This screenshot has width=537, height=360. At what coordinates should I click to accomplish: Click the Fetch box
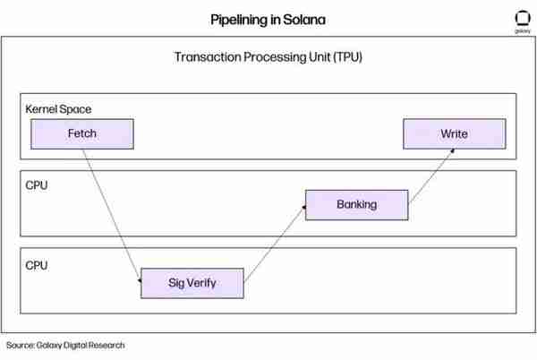(x=82, y=134)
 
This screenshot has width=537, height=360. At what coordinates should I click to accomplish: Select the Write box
(x=455, y=134)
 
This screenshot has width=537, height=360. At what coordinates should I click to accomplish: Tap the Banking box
(x=357, y=205)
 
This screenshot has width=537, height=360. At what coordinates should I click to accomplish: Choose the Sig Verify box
(x=192, y=283)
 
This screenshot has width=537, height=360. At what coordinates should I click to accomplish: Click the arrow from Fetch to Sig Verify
(x=112, y=216)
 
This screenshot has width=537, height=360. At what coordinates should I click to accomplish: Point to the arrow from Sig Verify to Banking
(x=275, y=244)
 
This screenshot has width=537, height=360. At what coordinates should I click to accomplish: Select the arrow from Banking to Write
(x=432, y=176)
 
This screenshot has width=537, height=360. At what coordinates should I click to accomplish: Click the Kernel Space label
(x=58, y=109)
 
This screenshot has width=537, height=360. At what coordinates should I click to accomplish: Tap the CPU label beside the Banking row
(x=37, y=185)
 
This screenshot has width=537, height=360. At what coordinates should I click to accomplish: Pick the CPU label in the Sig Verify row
(x=37, y=265)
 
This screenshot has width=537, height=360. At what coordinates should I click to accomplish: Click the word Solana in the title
(x=304, y=20)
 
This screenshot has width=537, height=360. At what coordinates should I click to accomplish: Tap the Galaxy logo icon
(x=523, y=18)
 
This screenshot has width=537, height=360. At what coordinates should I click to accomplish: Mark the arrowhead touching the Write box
(x=453, y=150)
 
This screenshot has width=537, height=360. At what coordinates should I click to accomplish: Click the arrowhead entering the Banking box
(x=303, y=207)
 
